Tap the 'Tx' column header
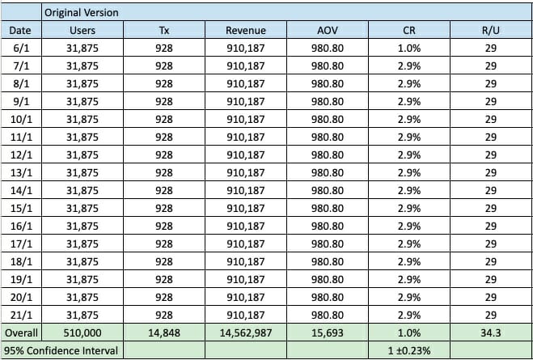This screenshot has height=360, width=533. [163, 30]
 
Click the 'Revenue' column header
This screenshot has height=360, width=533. [246, 30]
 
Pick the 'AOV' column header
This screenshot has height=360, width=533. [327, 30]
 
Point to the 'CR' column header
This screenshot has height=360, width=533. [409, 30]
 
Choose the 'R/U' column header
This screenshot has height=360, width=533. [490, 30]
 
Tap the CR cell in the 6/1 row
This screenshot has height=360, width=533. [409, 48]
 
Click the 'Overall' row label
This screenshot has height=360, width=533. [21, 332]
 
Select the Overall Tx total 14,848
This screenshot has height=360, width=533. [163, 332]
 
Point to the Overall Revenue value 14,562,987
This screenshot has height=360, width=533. [246, 332]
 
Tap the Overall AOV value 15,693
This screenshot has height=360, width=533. [327, 332]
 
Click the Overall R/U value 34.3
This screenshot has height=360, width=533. [490, 332]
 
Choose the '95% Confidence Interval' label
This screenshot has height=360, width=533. [60, 350]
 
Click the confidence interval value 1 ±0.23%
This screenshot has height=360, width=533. [409, 350]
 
